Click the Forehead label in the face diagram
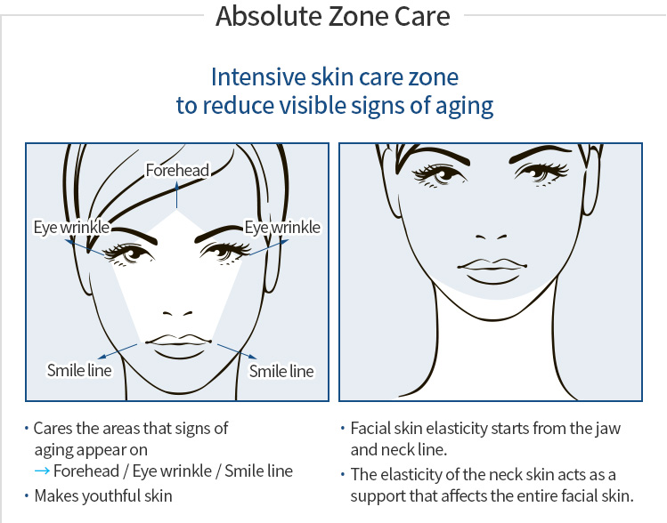coord(178,170)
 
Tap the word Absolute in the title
coord(259,16)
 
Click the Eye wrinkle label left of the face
coord(70,228)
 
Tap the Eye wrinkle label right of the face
coord(282,228)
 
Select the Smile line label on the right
coord(281,371)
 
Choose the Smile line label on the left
coord(79,369)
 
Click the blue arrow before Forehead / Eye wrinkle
coord(42,471)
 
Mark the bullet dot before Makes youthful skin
coord(27,496)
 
